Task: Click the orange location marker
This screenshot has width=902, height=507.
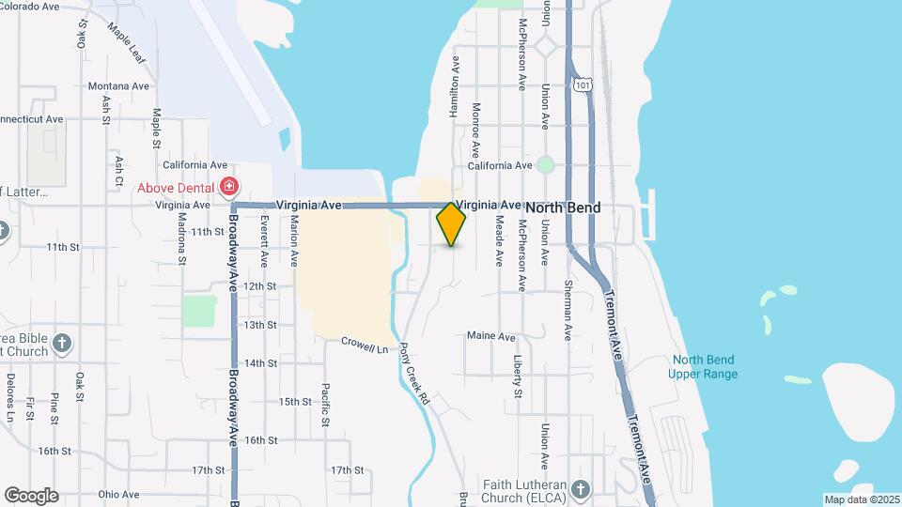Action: point(451,224)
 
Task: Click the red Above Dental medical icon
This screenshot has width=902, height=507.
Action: point(227,187)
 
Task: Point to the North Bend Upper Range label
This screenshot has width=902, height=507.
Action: point(703,367)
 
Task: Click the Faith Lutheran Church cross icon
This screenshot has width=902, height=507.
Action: point(581,488)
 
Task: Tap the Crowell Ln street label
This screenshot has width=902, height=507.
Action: point(364,345)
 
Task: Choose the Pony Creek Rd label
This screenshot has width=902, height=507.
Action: point(414,373)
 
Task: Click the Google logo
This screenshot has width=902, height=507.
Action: point(31,495)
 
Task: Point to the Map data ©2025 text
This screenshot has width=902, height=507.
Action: point(861,499)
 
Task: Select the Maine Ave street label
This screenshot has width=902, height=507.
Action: point(491,336)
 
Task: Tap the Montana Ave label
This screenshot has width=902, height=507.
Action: point(118,85)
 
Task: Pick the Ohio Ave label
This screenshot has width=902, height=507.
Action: point(117,495)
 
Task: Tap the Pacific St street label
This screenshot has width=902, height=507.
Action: point(325,404)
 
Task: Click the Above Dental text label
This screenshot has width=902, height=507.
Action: point(177,188)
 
